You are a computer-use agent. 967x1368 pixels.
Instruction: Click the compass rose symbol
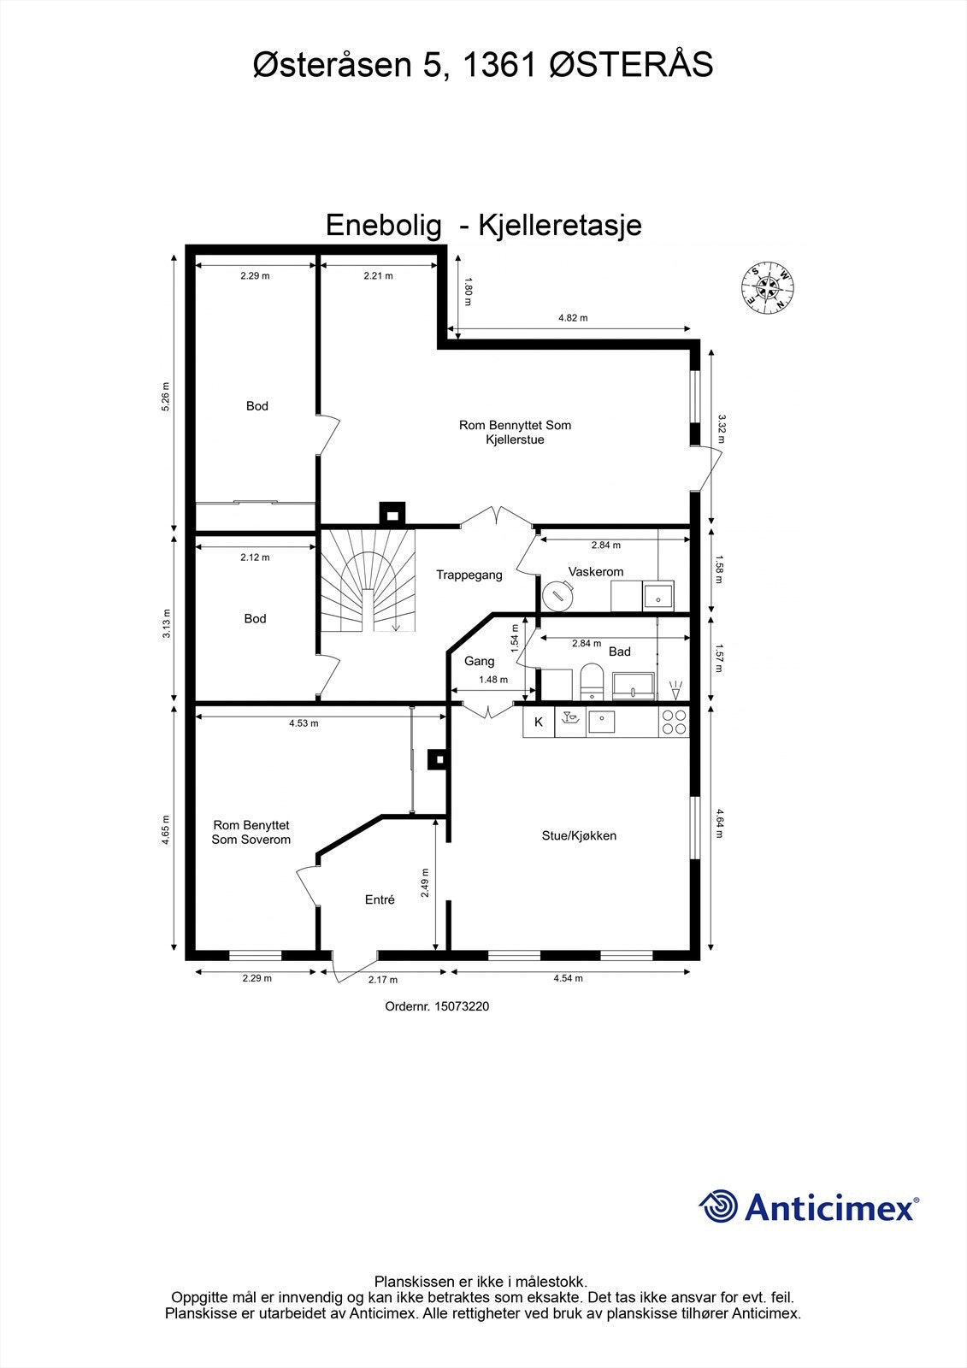(768, 288)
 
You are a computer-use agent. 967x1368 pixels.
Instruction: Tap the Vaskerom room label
(596, 572)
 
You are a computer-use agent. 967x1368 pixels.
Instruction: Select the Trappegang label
(469, 575)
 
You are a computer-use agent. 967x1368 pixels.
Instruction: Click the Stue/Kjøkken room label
(579, 835)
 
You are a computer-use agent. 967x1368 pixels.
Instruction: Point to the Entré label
(380, 899)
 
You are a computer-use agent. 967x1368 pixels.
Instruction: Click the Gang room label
(480, 661)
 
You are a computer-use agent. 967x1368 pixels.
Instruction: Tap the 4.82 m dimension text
(573, 318)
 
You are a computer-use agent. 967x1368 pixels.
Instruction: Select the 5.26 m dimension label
(166, 396)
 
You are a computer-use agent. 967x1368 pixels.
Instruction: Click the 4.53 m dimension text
(304, 723)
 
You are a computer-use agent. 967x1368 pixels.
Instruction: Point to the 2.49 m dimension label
(425, 883)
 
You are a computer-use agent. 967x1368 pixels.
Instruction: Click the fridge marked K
(539, 722)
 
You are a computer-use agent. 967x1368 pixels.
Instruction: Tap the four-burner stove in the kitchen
(674, 722)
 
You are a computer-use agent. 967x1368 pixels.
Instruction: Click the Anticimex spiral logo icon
(719, 1206)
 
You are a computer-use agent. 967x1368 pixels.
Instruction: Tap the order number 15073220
(462, 1007)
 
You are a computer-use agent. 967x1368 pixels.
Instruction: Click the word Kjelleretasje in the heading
(560, 225)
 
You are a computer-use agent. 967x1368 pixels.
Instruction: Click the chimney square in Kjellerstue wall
(393, 513)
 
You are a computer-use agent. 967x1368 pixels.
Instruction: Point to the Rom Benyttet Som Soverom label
(251, 832)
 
